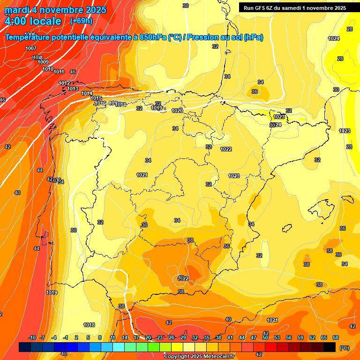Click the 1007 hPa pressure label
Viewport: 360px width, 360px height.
pos(31,48)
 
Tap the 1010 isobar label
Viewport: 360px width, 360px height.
pos(48,69)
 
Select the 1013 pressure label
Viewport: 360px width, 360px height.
pos(73,89)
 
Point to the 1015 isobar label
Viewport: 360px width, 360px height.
pos(97,98)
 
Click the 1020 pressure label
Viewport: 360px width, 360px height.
pos(177,111)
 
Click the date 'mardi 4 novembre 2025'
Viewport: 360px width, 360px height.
pos(55,10)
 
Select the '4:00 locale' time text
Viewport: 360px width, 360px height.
pos(33,21)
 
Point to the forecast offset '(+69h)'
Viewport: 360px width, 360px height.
pos(81,21)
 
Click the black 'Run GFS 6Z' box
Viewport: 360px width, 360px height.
pos(295,7)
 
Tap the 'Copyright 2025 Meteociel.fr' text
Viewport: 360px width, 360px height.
pos(199,357)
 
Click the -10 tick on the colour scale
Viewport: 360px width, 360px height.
pos(32,337)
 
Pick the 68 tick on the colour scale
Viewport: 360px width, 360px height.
pos(336,337)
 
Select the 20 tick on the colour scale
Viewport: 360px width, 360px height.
pos(148,337)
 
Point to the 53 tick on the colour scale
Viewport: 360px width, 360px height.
pos(277,337)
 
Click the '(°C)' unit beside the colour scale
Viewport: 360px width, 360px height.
pos(345,348)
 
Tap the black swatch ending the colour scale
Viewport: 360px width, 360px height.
pos(330,347)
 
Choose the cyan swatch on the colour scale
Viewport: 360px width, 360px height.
pos(119,347)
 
